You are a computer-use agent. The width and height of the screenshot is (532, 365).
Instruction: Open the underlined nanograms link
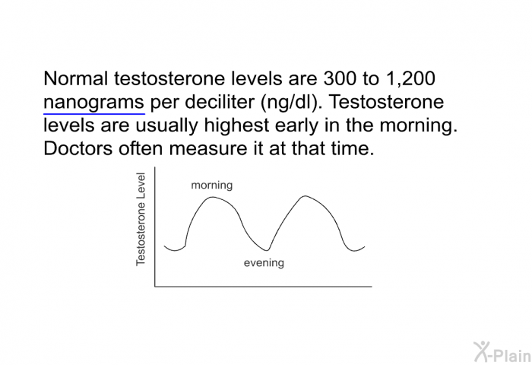pyautogui.click(x=94, y=103)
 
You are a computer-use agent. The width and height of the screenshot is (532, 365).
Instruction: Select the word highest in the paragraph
pyautogui.click(x=252, y=126)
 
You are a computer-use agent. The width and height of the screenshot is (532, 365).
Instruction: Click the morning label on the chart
pyautogui.click(x=211, y=185)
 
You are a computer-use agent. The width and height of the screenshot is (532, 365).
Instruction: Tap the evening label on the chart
pyautogui.click(x=264, y=263)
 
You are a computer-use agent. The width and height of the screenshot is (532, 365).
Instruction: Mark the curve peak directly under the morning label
pyautogui.click(x=213, y=198)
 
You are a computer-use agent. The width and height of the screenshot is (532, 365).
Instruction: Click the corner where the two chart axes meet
pyautogui.click(x=155, y=287)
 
